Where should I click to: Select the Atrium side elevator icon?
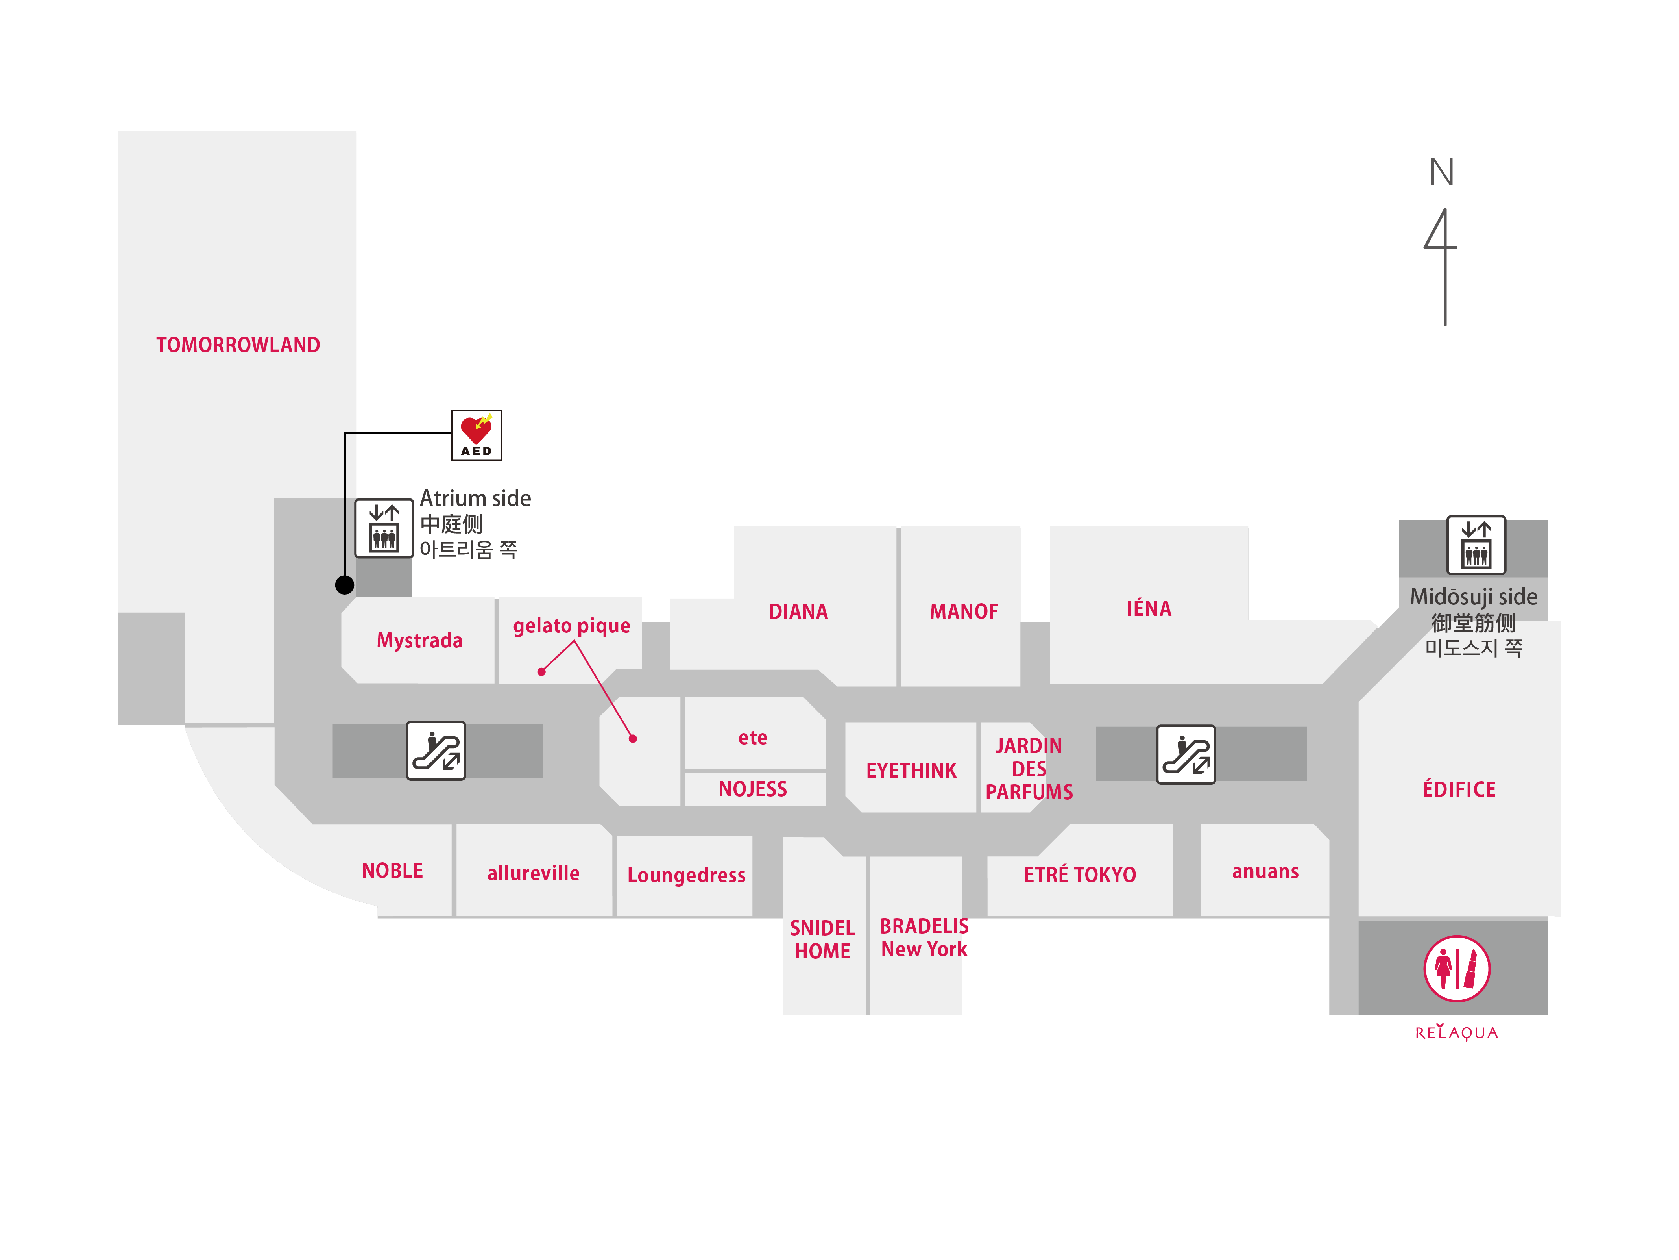click(384, 528)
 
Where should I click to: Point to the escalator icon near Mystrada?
click(436, 750)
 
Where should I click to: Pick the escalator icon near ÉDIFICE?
click(1186, 754)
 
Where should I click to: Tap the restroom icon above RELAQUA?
click(1456, 968)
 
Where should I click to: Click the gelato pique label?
click(572, 626)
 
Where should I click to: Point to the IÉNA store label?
click(1149, 608)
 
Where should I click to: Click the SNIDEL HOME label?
click(822, 939)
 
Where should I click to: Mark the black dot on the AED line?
click(345, 585)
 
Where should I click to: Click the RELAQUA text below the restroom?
click(1456, 1033)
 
